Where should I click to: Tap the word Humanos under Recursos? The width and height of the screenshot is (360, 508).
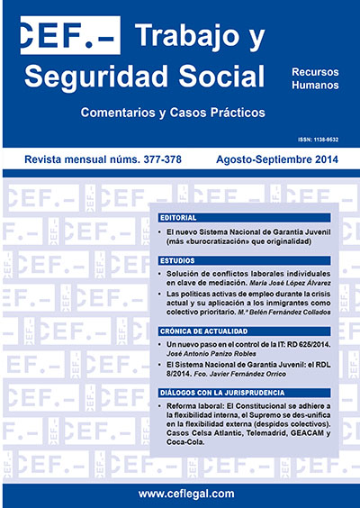[315, 85]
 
